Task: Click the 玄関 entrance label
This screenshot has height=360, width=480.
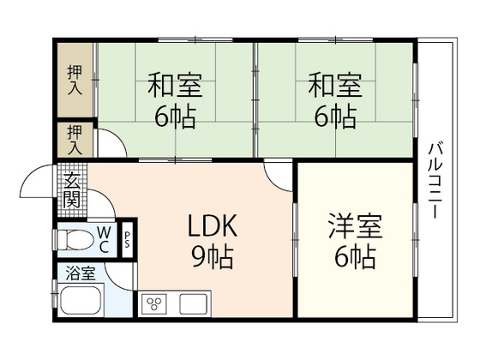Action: (73, 192)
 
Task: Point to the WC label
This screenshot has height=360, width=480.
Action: (104, 239)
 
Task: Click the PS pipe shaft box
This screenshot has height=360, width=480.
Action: (128, 239)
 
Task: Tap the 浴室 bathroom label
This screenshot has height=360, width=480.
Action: (78, 276)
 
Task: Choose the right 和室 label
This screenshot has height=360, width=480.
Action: (335, 87)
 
